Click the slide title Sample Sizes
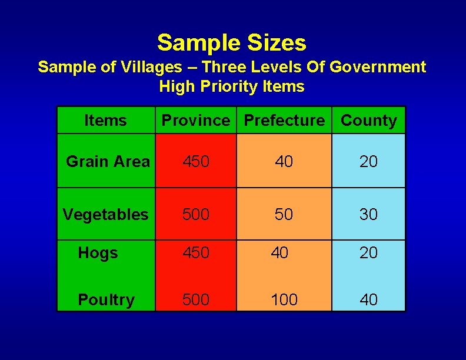pyautogui.click(x=232, y=43)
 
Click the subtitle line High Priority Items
pyautogui.click(x=232, y=87)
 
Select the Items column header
pyautogui.click(x=105, y=121)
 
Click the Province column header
pyautogui.click(x=196, y=121)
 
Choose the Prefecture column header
pyautogui.click(x=284, y=121)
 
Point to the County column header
pyautogui.click(x=369, y=121)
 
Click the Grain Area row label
pyautogui.click(x=108, y=161)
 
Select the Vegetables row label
pyautogui.click(x=106, y=215)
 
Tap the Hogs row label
pyautogui.click(x=98, y=253)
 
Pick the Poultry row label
pyautogui.click(x=106, y=300)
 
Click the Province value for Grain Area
pyautogui.click(x=196, y=161)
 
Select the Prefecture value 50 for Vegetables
pyautogui.click(x=284, y=215)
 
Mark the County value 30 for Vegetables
pyautogui.click(x=368, y=215)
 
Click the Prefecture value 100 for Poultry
pyautogui.click(x=284, y=300)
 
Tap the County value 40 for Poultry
pyautogui.click(x=368, y=300)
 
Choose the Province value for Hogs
pyautogui.click(x=196, y=253)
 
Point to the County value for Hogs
pyautogui.click(x=368, y=253)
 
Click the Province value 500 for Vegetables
pyautogui.click(x=196, y=215)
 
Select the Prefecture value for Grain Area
pyautogui.click(x=284, y=161)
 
